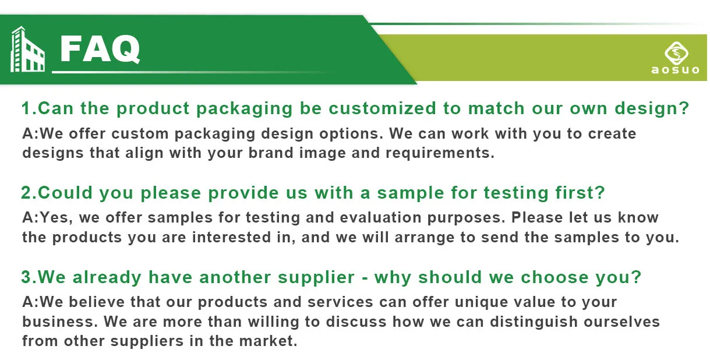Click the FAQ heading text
click(100, 49)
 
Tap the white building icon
click(27, 49)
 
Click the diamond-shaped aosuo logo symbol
click(676, 53)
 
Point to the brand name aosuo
click(675, 70)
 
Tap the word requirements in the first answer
click(440, 153)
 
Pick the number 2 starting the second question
click(26, 193)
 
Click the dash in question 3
click(365, 278)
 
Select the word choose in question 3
click(554, 277)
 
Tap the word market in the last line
click(268, 341)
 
